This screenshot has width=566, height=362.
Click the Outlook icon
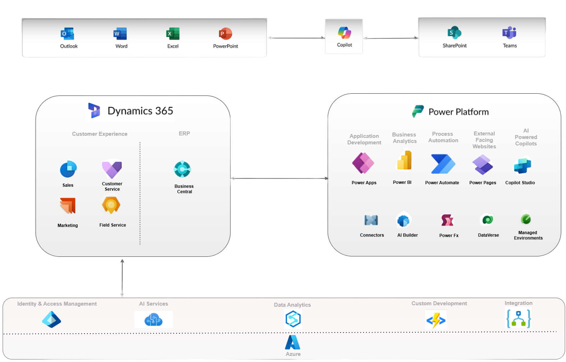[67, 34]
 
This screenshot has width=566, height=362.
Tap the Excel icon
[173, 34]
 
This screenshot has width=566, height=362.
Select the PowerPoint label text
[225, 46]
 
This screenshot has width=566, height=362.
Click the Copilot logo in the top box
[344, 33]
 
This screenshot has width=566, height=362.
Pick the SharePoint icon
[454, 33]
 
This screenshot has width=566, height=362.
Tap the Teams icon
[509, 33]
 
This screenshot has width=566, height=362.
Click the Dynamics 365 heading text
[140, 111]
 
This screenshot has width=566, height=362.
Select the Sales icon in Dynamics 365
[68, 169]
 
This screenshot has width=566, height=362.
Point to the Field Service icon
[111, 205]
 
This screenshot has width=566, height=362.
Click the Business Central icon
[182, 169]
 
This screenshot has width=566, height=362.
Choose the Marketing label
[68, 226]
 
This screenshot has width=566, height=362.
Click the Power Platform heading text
[458, 112]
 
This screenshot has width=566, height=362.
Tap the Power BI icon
[404, 161]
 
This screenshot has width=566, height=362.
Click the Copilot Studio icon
[522, 165]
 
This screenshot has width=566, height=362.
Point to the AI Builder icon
[403, 221]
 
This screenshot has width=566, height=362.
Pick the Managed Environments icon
[526, 219]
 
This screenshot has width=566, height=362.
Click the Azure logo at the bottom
[293, 343]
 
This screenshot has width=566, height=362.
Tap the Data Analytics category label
[292, 305]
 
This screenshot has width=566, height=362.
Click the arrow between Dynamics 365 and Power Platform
[279, 178]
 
